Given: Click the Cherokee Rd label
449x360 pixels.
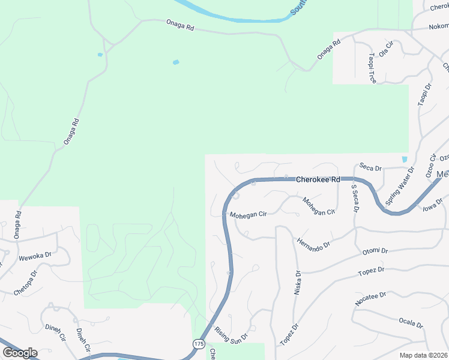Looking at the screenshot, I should coord(318,179).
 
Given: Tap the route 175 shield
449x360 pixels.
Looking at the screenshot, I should coord(199,344).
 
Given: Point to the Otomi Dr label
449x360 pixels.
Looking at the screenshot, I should coord(375,251).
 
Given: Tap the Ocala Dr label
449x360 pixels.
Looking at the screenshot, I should coord(411,323).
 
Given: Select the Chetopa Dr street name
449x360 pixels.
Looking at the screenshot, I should coord(26,283).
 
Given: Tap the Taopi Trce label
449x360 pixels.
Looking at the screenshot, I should coord(372,67).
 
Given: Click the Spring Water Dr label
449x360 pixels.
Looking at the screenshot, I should coord(400,187).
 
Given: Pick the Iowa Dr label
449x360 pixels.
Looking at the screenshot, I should coord(432,205).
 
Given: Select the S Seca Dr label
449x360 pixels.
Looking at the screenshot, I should coord(354,199).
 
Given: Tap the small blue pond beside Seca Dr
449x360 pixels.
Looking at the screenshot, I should coord(404,160).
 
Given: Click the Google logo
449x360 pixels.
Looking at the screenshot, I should coord(20,353).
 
